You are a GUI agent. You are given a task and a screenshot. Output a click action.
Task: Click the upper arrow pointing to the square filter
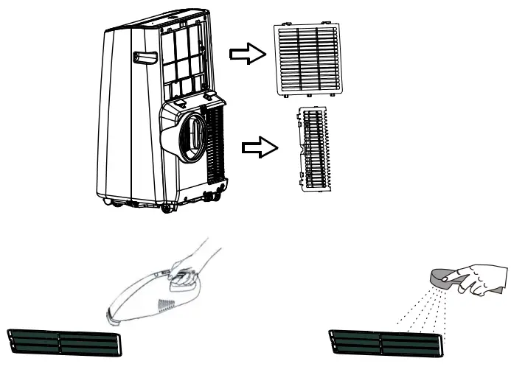(x=247, y=54)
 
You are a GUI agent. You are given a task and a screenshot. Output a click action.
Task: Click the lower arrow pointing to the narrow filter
(x=260, y=147)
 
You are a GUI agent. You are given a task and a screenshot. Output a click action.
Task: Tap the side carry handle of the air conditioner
(x=146, y=57)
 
